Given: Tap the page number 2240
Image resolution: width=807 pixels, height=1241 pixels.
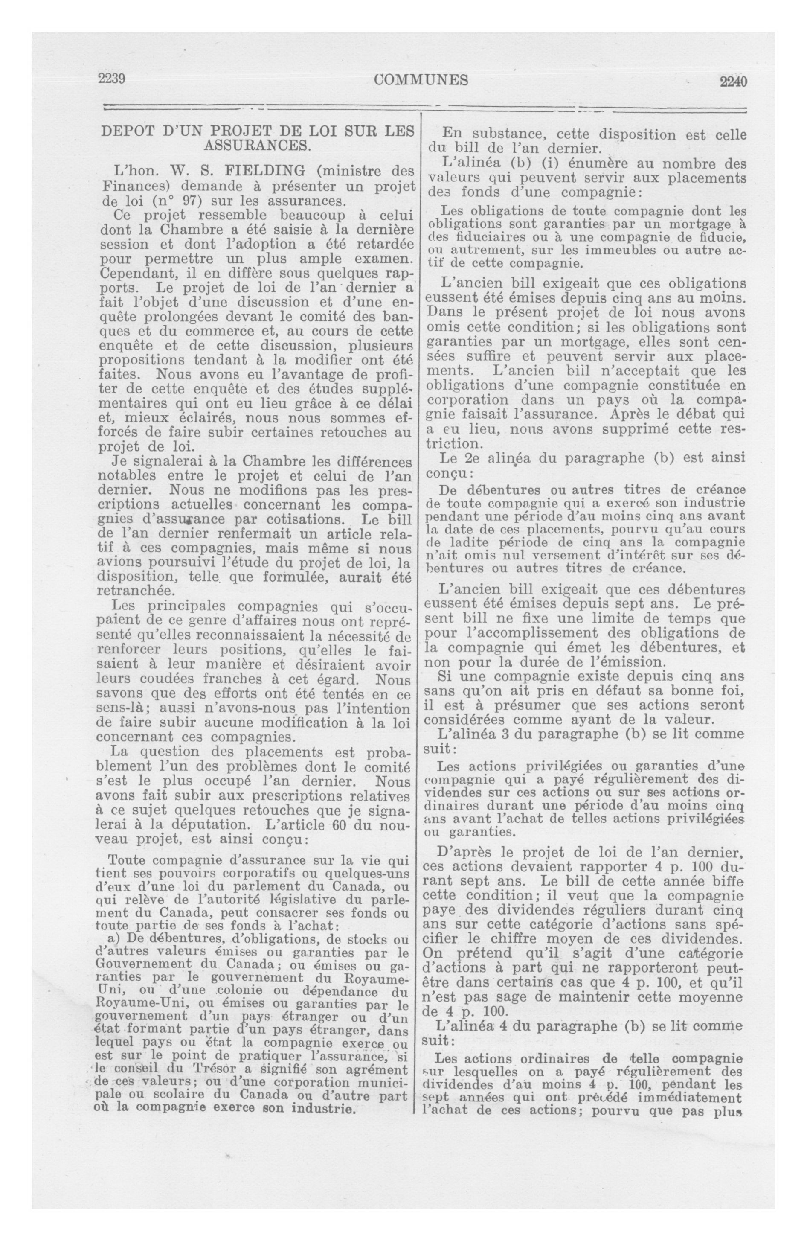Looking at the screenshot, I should click(x=733, y=82).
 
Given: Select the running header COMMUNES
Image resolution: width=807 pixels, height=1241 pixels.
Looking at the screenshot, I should click(x=421, y=80).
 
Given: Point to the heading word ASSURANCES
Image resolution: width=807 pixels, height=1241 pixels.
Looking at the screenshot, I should click(x=257, y=146).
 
